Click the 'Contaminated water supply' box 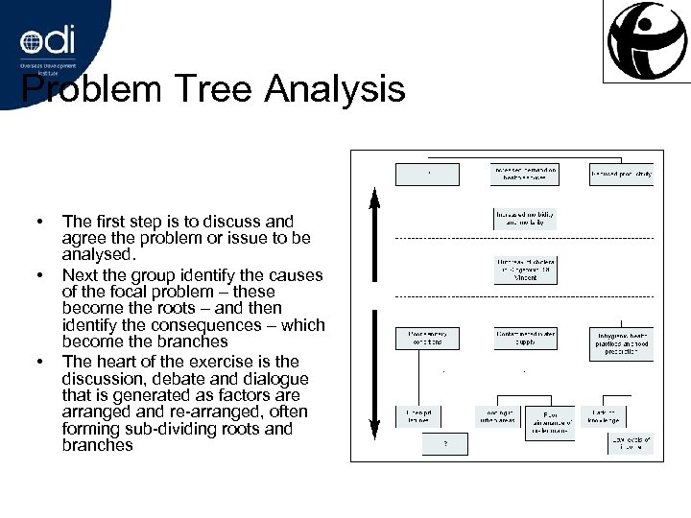[524, 339]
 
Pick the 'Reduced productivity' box [622, 174]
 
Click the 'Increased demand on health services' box [524, 174]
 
